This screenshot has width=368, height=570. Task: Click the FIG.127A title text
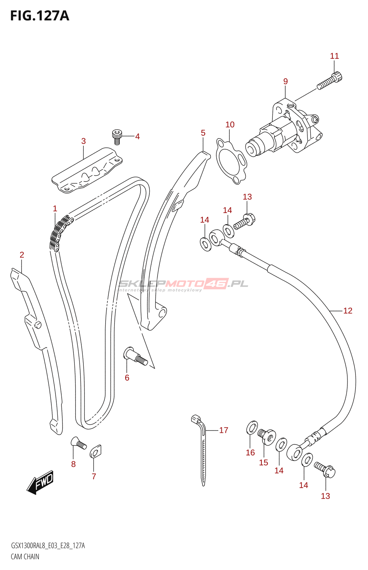[40, 16]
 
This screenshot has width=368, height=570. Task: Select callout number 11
[334, 56]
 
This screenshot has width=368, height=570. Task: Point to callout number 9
[285, 81]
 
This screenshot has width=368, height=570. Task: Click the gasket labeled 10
[231, 161]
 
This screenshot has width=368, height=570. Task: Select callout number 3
[83, 141]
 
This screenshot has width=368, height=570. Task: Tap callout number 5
[203, 133]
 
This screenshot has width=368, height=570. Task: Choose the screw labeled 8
[79, 444]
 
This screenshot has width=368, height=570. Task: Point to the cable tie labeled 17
[201, 449]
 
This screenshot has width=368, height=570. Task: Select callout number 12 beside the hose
[348, 311]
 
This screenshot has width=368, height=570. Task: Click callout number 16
[250, 452]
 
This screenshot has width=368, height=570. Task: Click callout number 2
[22, 255]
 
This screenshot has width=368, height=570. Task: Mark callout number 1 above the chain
[55, 208]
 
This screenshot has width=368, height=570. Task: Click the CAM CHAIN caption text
[25, 556]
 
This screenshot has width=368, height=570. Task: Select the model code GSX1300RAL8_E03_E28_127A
[48, 546]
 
